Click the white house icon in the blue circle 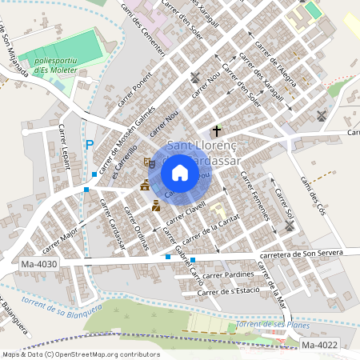180,172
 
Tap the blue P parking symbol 89,145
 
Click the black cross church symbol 216,130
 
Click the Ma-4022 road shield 320,345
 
